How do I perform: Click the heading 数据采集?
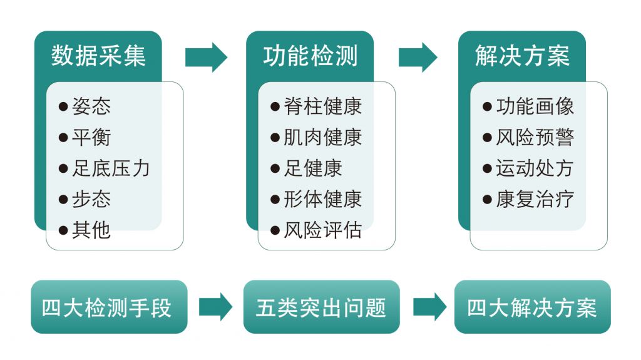[x=98, y=56]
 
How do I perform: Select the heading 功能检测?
[x=310, y=56]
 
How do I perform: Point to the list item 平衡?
[x=91, y=137]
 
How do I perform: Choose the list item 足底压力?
[x=111, y=168]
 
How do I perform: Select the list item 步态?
[x=91, y=199]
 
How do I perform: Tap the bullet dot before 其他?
[x=63, y=230]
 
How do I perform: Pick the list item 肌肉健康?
[x=322, y=137]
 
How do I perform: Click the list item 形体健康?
[x=322, y=199]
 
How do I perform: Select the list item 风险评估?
[x=322, y=230]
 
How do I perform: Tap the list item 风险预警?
[x=535, y=137]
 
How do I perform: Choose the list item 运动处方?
[x=535, y=168]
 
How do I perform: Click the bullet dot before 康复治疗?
[x=488, y=200]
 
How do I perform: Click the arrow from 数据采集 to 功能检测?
[x=206, y=58]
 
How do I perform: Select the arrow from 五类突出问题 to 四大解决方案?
[x=429, y=307]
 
